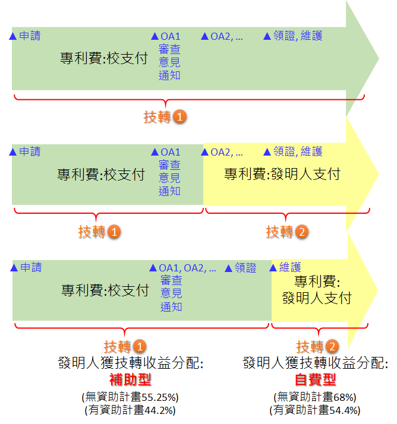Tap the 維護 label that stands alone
click(x=289, y=268)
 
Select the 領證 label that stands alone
click(x=245, y=268)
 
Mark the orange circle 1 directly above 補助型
click(x=139, y=347)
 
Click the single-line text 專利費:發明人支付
click(x=282, y=174)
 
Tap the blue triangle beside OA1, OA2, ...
click(x=154, y=268)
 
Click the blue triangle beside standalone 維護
click(x=275, y=268)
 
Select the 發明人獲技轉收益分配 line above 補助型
click(x=131, y=363)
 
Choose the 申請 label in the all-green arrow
click(x=30, y=36)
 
